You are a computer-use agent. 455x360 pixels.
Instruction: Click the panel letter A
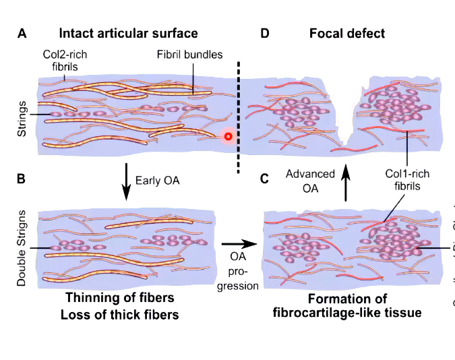[23, 33]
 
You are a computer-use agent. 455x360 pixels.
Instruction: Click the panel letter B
[21, 179]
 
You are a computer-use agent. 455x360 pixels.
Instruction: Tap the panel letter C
[265, 179]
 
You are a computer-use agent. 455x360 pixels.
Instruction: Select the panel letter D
[265, 33]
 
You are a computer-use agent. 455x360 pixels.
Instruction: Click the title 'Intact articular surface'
[128, 33]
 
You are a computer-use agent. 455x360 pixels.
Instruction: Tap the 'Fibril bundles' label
[184, 55]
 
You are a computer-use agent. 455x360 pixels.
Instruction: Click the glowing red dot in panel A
[229, 137]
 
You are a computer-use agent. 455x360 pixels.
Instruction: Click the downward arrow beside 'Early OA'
[127, 181]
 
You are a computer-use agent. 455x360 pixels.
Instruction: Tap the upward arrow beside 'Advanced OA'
[346, 182]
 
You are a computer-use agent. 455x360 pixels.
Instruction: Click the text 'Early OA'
[156, 181]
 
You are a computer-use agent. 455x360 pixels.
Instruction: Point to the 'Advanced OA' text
[310, 180]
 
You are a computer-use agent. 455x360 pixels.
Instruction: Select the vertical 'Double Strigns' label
[22, 248]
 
